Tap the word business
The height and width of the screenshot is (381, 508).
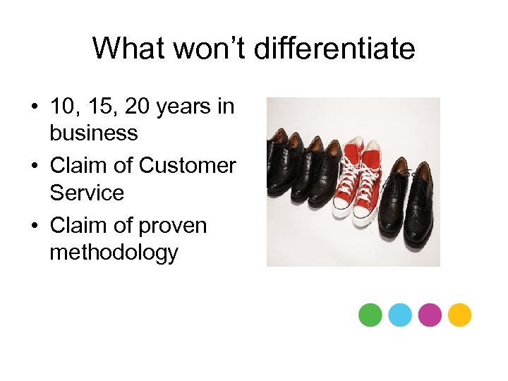pyautogui.click(x=93, y=132)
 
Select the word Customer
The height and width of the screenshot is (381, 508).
pyautogui.click(x=187, y=166)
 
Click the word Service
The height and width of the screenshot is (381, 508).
pyautogui.click(x=86, y=192)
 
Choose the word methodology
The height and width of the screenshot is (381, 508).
pyautogui.click(x=114, y=252)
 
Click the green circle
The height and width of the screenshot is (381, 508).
pyautogui.click(x=370, y=315)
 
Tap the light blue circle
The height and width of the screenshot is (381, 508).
pyautogui.click(x=400, y=315)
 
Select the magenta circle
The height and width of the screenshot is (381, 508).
pyautogui.click(x=430, y=315)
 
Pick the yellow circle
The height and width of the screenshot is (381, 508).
pyautogui.click(x=460, y=315)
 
